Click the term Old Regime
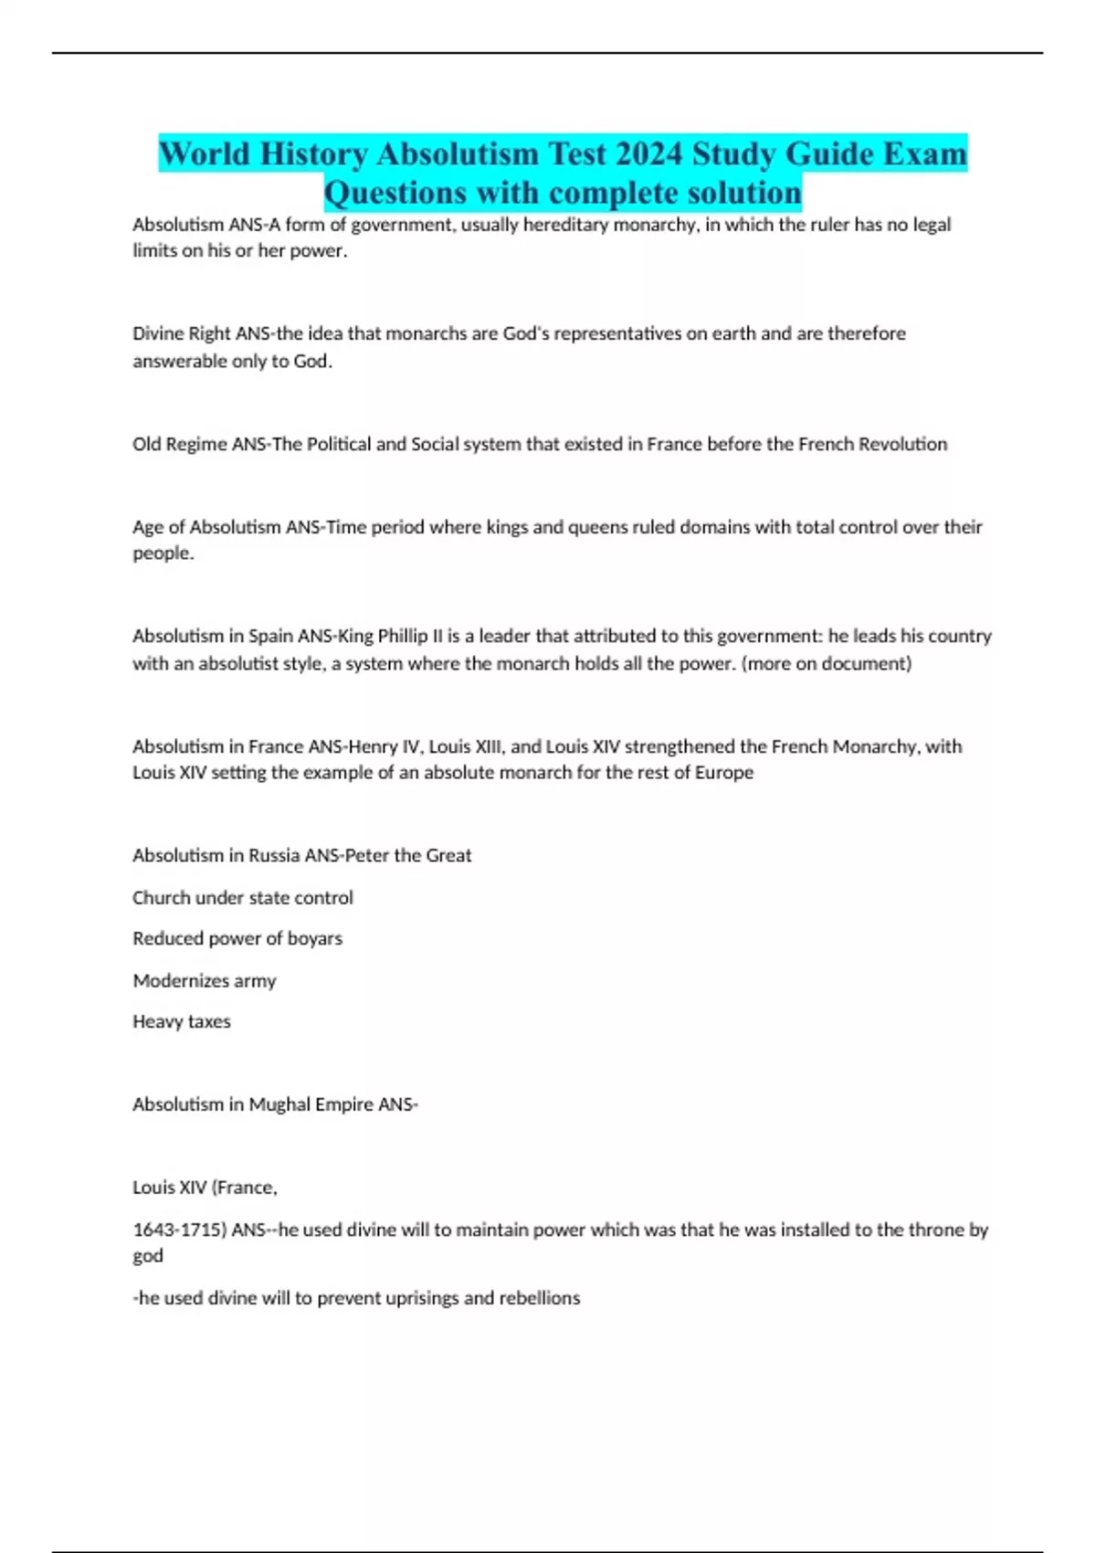[x=180, y=444]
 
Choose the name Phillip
[x=403, y=636]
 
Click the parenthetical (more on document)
[x=827, y=663]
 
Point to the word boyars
[x=315, y=938]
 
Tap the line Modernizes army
[x=205, y=981]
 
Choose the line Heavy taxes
[x=182, y=1021]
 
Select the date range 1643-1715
[x=178, y=1230]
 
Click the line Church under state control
[x=243, y=898]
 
